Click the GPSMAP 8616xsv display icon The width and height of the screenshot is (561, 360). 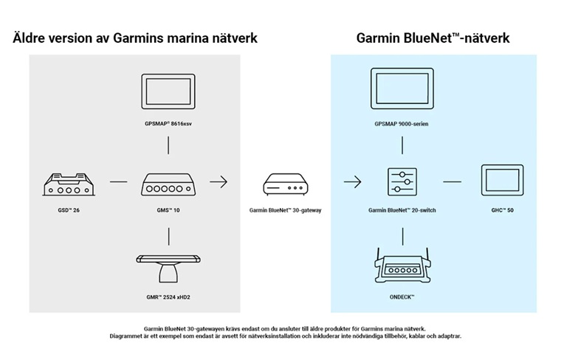(169, 92)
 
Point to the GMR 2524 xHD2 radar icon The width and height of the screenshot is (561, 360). (169, 268)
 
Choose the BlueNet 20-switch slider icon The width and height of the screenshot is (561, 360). (402, 181)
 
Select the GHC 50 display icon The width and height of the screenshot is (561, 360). (502, 181)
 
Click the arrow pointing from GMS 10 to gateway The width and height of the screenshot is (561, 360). (218, 181)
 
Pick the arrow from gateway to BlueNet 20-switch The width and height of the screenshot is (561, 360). (352, 181)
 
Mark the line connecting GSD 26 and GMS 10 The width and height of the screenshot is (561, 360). (118, 181)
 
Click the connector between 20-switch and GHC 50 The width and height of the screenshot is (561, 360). (452, 181)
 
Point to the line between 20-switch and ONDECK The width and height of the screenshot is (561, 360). (402, 235)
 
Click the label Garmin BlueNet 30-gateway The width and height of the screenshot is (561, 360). (285, 210)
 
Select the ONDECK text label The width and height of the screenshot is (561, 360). (402, 297)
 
